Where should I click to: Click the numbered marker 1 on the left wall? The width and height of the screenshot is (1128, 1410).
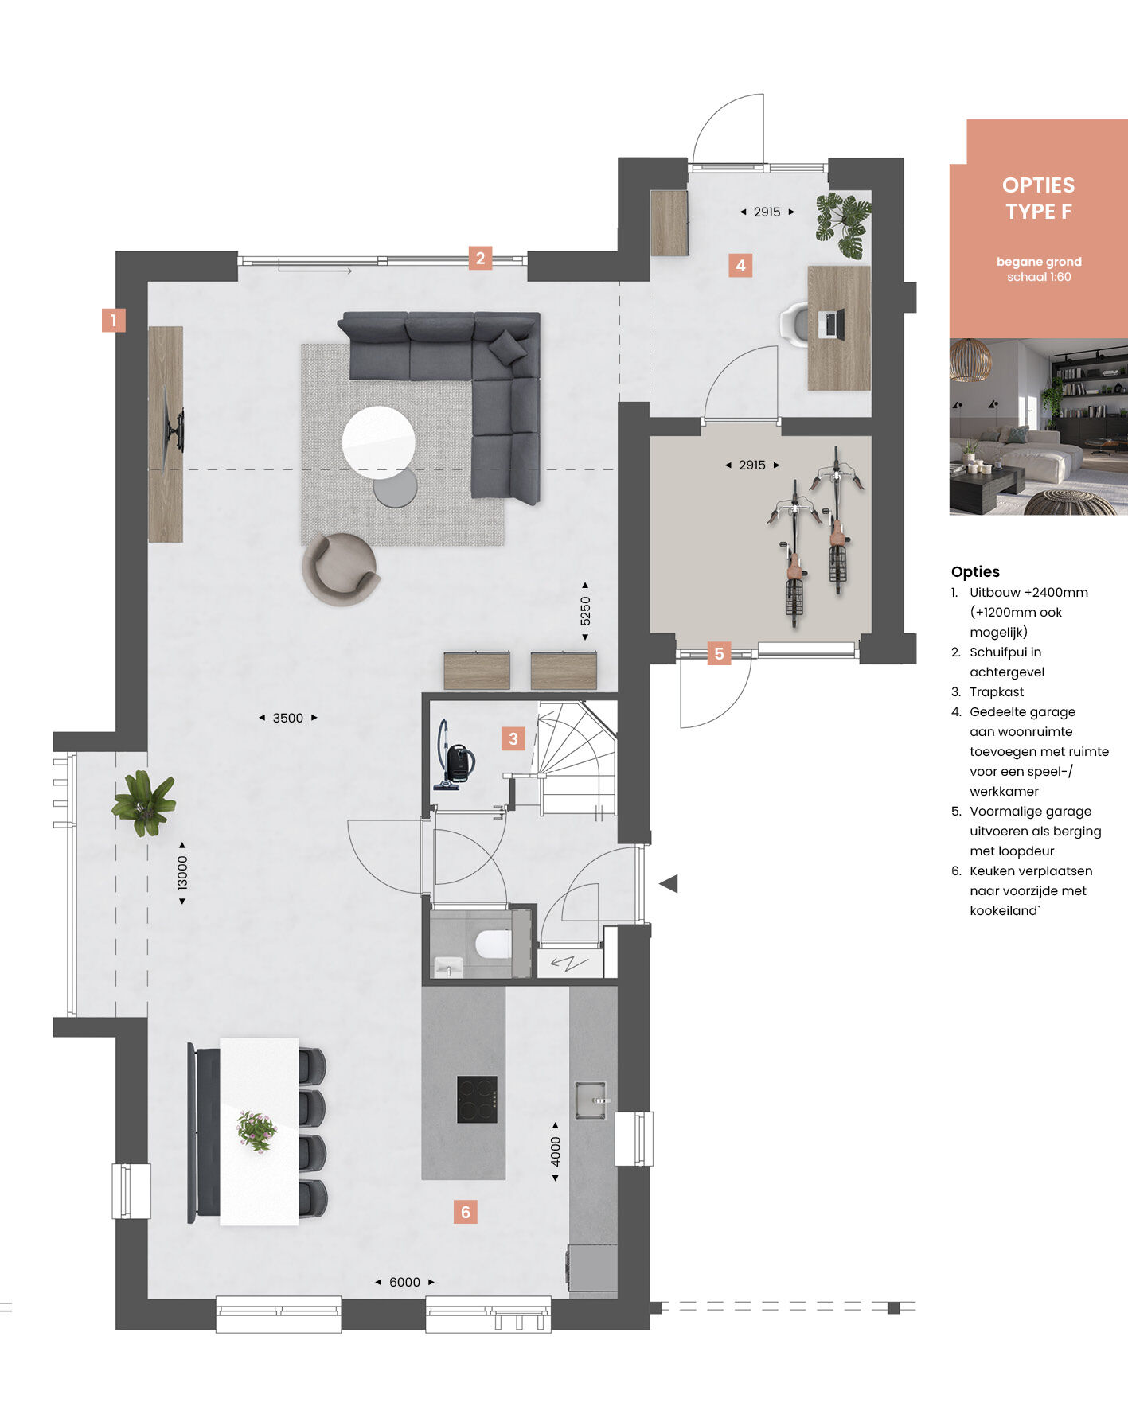[114, 321]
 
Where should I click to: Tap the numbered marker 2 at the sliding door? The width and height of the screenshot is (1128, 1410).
[480, 258]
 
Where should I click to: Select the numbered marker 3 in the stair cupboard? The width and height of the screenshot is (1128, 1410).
[513, 738]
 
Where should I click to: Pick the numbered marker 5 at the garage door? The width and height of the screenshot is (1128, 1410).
[719, 653]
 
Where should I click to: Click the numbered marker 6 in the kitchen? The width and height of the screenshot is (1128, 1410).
[466, 1212]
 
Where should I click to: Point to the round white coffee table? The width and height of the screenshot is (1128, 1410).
[379, 442]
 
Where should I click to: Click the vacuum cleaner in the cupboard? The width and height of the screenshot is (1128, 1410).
[455, 756]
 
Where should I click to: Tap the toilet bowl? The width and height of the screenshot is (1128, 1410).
[493, 943]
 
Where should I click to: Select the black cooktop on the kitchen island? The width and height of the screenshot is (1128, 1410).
[477, 1100]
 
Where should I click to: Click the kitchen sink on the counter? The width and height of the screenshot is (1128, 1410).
[591, 1100]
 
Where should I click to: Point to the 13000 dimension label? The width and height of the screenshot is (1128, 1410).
[182, 872]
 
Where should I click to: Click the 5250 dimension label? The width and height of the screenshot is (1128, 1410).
[585, 611]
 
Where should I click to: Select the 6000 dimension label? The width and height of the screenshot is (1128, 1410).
[404, 1282]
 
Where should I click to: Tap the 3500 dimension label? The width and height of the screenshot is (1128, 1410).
[288, 718]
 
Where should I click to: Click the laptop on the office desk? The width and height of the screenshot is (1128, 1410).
[832, 324]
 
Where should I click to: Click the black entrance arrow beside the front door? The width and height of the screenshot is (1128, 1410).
[669, 883]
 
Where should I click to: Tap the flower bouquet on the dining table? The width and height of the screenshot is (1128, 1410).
[256, 1131]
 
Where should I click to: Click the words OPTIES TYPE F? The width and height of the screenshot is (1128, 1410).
[1038, 198]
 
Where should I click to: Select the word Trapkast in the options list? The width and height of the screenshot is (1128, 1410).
[997, 691]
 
